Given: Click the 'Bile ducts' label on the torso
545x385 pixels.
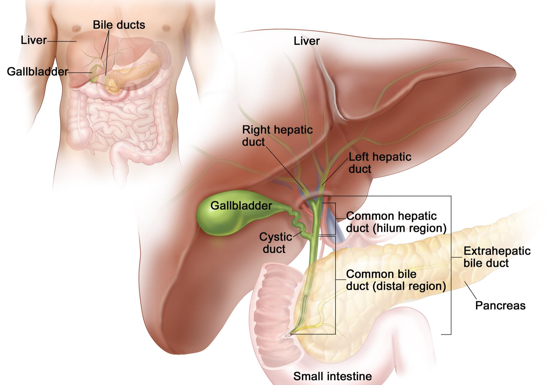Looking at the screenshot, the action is pos(119,25).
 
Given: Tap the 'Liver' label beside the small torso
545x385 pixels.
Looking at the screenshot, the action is pos(34,40).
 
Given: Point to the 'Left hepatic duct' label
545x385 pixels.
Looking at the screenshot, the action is pos(380,163).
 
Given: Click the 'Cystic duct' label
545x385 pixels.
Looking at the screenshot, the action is pos(275,243).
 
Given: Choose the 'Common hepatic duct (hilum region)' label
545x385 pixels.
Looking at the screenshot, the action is pos(396,222).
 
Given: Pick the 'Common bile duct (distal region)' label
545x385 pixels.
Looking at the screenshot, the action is pos(396,280).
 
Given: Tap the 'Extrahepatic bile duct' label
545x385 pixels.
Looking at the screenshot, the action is pos(497,257).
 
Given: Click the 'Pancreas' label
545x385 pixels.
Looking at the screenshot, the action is pos(500,305).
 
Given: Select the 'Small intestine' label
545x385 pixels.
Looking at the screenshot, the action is pos(332,376).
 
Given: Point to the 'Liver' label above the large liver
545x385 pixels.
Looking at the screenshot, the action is pos(306,41).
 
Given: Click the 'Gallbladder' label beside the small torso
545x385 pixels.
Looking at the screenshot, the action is pos(37,72).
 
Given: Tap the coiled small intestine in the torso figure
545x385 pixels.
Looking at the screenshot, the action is pos(117,120).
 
